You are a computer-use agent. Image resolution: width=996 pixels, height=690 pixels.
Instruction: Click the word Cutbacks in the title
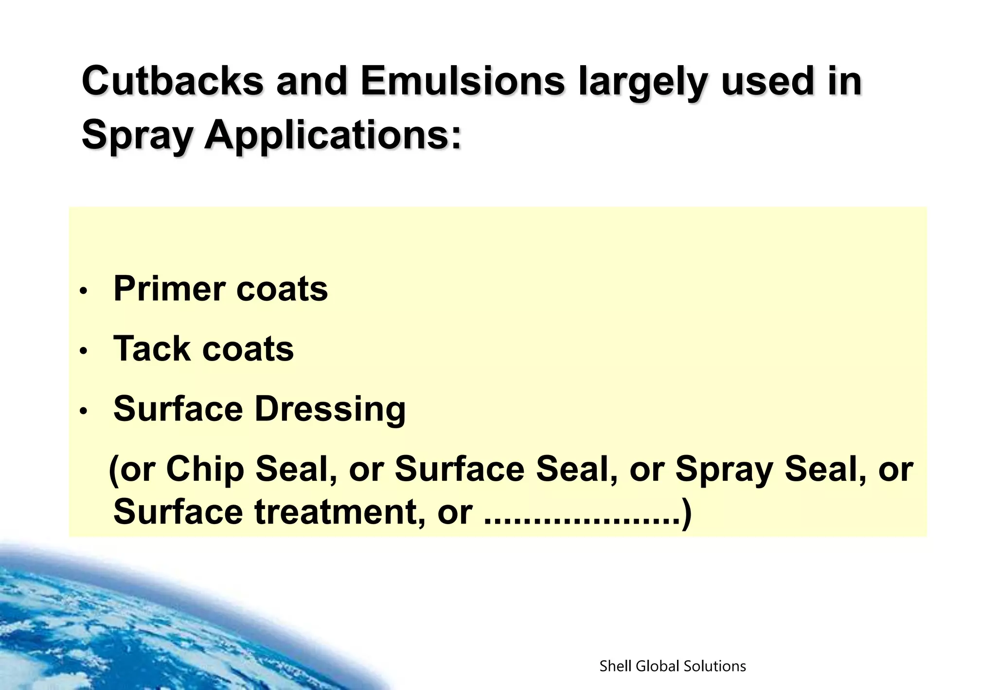173,81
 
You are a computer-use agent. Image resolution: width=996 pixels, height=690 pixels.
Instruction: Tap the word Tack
152,349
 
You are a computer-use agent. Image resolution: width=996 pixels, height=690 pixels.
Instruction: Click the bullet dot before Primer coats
84,291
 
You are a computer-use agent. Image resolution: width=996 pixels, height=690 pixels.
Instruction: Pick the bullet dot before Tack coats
84,351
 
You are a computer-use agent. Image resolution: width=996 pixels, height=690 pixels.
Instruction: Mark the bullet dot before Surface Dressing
84,411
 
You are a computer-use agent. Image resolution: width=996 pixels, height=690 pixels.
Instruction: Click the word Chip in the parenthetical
205,469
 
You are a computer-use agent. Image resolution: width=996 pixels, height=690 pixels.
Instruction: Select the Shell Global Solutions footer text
673,666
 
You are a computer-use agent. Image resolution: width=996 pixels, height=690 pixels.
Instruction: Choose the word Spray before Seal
724,470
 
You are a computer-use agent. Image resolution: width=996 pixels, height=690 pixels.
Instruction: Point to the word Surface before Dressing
178,409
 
